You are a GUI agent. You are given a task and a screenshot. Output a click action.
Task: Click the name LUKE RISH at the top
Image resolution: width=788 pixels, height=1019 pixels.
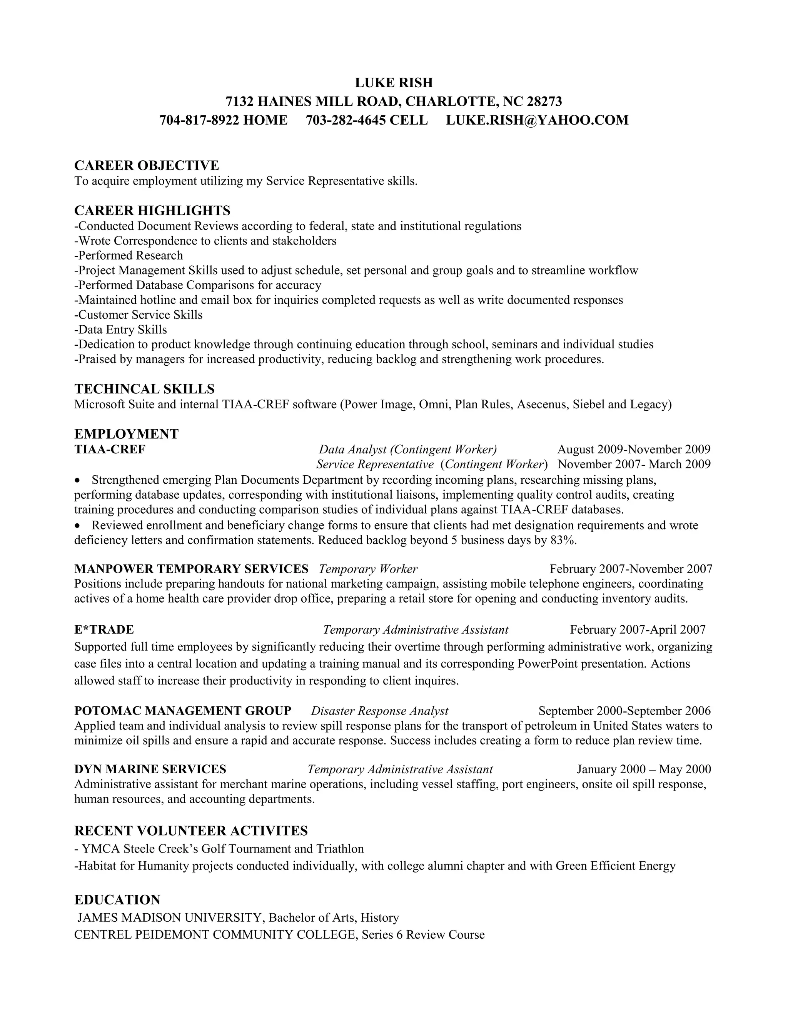click(x=394, y=83)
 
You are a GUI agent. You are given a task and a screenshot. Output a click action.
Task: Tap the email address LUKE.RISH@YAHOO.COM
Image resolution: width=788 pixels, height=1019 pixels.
click(x=537, y=120)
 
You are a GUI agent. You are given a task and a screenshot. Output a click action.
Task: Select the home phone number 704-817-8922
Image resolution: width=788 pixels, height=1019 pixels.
click(x=199, y=120)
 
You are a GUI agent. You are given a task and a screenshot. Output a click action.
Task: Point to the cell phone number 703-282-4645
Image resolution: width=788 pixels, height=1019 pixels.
click(x=346, y=120)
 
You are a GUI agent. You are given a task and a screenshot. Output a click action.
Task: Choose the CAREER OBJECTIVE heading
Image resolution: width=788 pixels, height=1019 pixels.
click(x=146, y=165)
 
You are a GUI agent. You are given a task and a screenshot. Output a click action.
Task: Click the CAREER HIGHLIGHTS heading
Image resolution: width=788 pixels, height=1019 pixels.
click(x=152, y=210)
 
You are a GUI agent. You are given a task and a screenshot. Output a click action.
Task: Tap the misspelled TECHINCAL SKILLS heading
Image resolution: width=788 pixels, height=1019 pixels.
click(x=144, y=389)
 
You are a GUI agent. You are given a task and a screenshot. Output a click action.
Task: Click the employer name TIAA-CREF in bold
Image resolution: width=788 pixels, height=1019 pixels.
click(x=110, y=449)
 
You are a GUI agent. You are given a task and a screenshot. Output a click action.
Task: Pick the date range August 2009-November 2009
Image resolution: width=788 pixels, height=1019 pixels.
click(x=633, y=449)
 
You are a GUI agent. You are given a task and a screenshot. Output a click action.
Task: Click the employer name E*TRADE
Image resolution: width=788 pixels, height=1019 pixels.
click(x=104, y=629)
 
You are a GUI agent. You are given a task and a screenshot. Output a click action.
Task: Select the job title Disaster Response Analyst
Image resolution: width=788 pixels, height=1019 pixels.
click(x=379, y=711)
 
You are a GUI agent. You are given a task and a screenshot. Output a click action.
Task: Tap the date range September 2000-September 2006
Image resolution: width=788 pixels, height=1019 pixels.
click(x=624, y=711)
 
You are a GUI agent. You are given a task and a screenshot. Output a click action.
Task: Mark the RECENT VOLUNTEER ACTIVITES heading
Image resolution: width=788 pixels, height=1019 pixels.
click(x=191, y=831)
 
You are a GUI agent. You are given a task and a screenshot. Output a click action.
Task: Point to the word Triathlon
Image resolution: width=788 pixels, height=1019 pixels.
click(x=340, y=848)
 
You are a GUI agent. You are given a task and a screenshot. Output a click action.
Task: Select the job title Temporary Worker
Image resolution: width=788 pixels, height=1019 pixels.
click(x=368, y=569)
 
